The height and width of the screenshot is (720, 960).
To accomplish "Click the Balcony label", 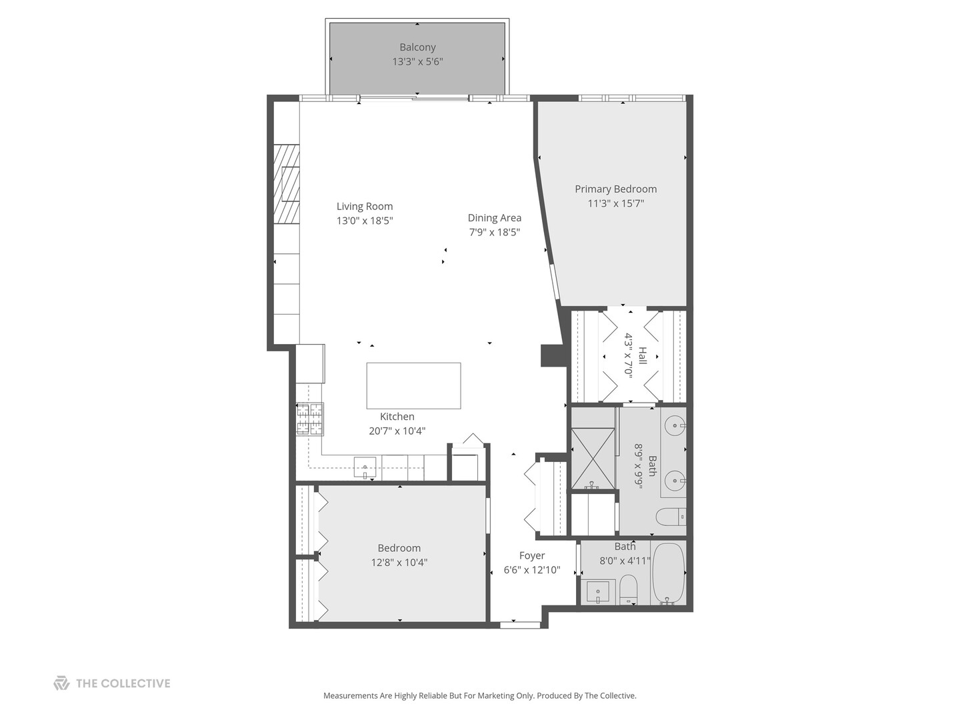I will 417,47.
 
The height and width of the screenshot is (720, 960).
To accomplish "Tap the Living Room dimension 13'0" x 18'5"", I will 365,221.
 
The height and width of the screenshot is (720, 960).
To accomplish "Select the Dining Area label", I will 494,218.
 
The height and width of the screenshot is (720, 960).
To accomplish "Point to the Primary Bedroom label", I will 615,189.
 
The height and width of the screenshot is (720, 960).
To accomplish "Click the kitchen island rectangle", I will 413,385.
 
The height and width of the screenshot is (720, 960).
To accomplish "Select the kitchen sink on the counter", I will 365,467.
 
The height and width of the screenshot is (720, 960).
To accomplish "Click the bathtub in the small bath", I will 669,573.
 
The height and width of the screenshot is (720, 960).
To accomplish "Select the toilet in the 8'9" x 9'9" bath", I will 669,517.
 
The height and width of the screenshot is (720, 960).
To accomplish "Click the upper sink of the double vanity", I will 676,424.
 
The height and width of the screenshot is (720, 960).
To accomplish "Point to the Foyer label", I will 532,556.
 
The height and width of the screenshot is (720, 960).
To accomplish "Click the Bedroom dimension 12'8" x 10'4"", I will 399,563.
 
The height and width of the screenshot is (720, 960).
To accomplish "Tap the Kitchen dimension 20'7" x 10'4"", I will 397,431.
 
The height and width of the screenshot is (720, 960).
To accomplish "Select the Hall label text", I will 642,355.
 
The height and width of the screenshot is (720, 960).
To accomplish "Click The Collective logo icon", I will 61,683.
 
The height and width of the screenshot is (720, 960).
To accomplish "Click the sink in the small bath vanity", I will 598,591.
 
